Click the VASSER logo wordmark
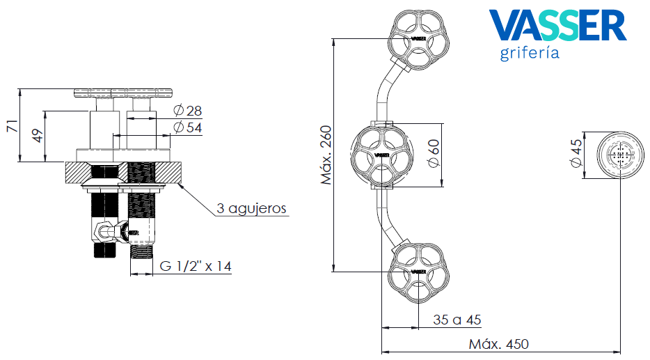pyautogui.click(x=557, y=25)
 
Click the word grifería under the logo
pyautogui.click(x=530, y=54)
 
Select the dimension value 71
pyautogui.click(x=11, y=125)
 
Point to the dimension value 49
pyautogui.click(x=38, y=136)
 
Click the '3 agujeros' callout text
pyautogui.click(x=251, y=208)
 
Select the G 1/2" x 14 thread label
pyautogui.click(x=196, y=266)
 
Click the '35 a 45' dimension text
pyautogui.click(x=457, y=320)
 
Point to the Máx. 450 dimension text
pyautogui.click(x=498, y=344)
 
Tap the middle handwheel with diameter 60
pyautogui.click(x=381, y=155)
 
